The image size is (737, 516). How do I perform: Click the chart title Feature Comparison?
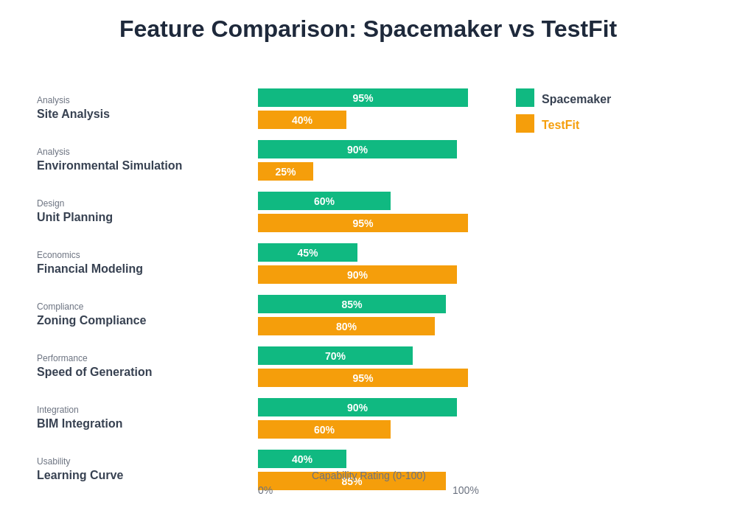[x=368, y=29]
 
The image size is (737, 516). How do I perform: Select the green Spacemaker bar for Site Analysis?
[x=363, y=98]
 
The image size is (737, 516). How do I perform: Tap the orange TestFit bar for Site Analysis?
[x=302, y=120]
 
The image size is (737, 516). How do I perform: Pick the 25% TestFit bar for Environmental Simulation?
[x=285, y=172]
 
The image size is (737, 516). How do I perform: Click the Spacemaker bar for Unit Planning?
[x=324, y=201]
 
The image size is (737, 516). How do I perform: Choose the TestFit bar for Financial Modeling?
[x=357, y=275]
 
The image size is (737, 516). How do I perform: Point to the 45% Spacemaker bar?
[x=307, y=253]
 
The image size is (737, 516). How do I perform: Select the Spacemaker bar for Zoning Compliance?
[x=352, y=304]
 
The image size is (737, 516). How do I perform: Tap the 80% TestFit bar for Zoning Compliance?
[x=346, y=327]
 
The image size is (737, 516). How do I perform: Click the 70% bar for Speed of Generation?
[x=335, y=356]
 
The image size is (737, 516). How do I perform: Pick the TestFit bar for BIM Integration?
[x=324, y=430]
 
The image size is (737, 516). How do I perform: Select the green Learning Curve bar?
[x=302, y=459]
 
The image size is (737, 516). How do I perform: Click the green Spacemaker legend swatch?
[x=525, y=98]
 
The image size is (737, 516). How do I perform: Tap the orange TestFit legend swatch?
[x=525, y=124]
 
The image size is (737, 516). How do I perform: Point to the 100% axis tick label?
[x=465, y=490]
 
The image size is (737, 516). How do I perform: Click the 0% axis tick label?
[x=265, y=490]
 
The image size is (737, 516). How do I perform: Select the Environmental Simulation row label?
[x=109, y=166]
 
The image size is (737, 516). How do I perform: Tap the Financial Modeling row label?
[x=90, y=269]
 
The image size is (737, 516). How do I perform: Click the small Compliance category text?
[x=60, y=307]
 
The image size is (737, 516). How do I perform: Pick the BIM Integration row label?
[x=80, y=424]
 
